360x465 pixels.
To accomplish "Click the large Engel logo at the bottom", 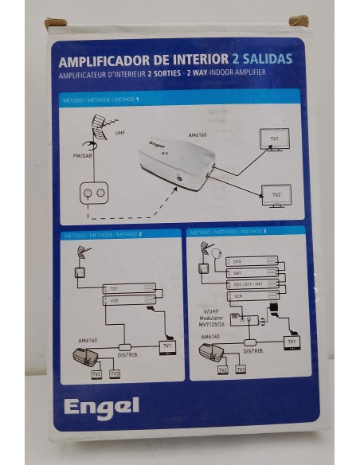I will [x=100, y=405].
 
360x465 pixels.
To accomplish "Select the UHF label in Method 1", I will [x=119, y=132].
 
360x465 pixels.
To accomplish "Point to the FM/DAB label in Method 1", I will [x=72, y=155].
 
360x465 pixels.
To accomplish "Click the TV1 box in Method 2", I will [x=166, y=346].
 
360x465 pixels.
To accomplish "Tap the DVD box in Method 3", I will [x=252, y=261].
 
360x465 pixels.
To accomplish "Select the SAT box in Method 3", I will [x=252, y=272].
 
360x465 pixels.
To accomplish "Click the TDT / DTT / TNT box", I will [x=252, y=284].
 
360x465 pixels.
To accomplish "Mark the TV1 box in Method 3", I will [x=292, y=342].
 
